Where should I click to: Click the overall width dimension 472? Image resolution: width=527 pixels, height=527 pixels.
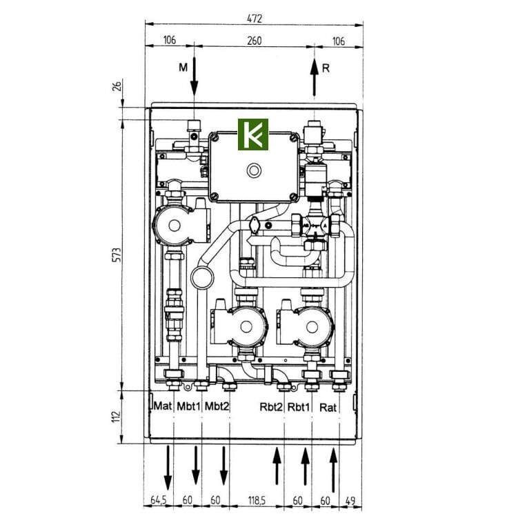254,19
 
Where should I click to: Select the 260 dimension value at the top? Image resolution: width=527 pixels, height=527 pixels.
254,41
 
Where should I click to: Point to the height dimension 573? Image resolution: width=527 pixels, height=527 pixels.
117,255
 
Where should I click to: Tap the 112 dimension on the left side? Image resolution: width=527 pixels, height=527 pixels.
117,417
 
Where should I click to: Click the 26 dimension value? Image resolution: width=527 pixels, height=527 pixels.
117,87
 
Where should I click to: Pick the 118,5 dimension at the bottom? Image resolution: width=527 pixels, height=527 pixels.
257,501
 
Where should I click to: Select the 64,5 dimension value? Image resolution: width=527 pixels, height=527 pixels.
158,501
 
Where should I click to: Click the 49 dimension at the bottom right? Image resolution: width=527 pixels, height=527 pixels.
350,501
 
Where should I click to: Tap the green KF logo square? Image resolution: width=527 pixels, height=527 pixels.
253,135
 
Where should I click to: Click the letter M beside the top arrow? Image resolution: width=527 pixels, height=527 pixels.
183,68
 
